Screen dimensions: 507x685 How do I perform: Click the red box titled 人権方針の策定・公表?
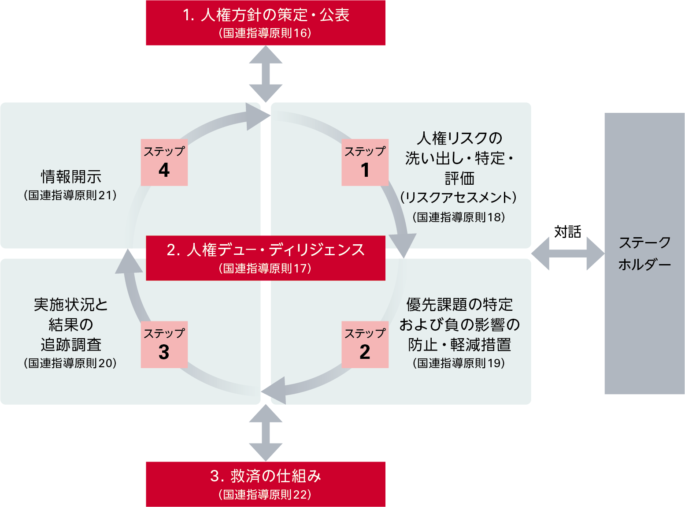[x=266, y=22]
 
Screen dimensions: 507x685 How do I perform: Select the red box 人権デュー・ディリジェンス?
[x=266, y=258]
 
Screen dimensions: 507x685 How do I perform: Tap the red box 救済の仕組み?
[x=266, y=484]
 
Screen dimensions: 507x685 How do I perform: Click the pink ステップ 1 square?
[x=365, y=162]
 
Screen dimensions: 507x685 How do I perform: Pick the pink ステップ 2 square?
[x=365, y=345]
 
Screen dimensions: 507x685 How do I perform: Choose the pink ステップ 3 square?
[x=164, y=345]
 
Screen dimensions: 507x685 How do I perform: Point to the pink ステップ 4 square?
[x=164, y=162]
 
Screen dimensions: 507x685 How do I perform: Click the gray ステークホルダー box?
[x=644, y=253]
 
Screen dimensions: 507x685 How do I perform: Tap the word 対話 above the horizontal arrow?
[x=567, y=231]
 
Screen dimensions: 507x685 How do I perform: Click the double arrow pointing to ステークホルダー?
[x=567, y=254]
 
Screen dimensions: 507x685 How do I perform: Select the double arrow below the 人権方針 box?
[x=266, y=74]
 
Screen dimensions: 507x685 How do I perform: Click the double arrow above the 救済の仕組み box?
[x=266, y=433]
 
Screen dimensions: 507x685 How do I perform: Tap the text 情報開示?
[x=71, y=177]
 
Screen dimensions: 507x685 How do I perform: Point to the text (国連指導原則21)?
[x=70, y=195]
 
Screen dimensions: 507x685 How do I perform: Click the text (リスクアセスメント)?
[x=459, y=197]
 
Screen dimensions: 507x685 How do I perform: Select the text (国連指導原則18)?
[x=459, y=217]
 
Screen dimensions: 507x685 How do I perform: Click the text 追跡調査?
[x=71, y=344]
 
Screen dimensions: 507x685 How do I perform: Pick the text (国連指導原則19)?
[x=459, y=363]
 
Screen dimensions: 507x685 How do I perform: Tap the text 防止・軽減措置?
[x=459, y=344]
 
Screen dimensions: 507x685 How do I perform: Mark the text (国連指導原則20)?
[x=70, y=363]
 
